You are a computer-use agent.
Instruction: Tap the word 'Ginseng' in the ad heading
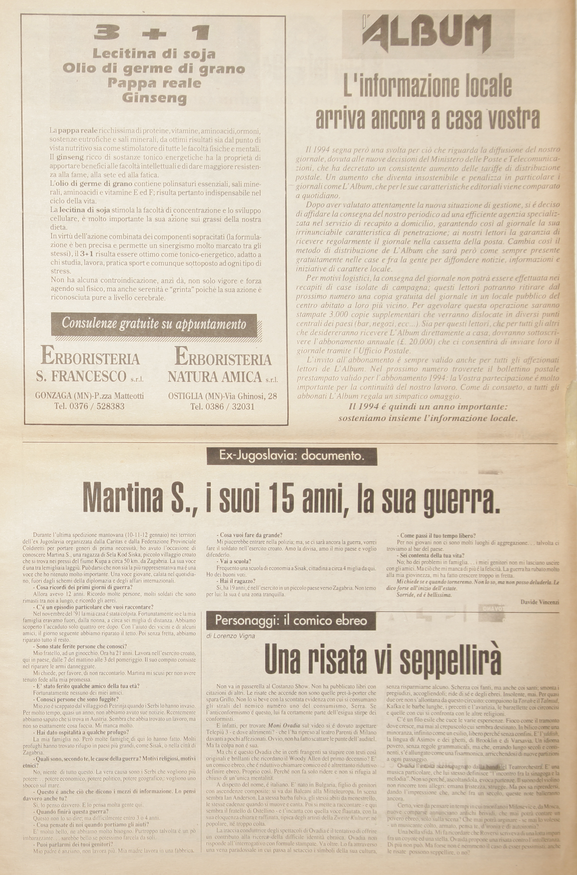pos(154,99)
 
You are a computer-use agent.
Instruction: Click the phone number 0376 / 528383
pos(89,406)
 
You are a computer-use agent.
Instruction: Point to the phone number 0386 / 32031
pos(222,407)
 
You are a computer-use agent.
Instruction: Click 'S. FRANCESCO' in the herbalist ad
pos(81,376)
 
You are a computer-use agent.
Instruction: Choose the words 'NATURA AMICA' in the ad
pos(215,377)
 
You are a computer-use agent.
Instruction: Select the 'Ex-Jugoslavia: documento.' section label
pos(291,457)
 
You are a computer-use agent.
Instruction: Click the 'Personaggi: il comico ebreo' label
pos(291,621)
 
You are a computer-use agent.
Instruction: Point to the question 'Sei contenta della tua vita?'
pos(432,555)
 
